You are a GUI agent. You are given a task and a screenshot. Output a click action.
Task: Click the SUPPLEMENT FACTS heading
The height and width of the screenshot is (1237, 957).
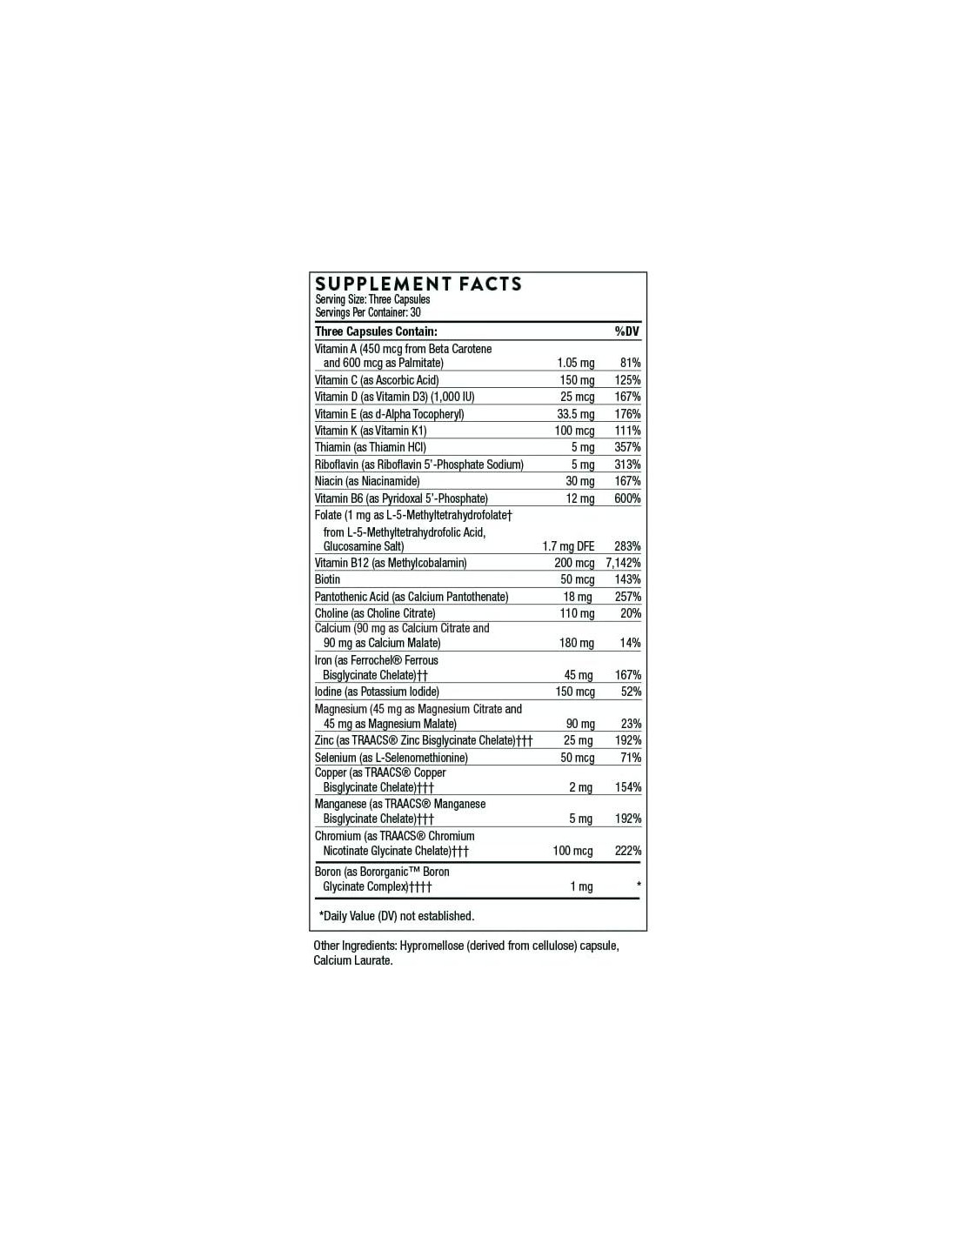click(x=418, y=284)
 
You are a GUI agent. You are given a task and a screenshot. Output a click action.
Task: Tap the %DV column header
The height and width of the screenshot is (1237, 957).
click(x=626, y=331)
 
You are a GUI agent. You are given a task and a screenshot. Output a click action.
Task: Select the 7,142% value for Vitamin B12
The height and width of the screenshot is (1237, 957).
click(x=623, y=563)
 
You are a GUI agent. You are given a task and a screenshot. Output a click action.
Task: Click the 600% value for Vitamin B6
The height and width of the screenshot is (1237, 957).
click(x=627, y=498)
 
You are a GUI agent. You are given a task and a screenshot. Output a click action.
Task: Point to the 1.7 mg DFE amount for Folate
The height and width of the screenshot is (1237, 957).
click(x=568, y=546)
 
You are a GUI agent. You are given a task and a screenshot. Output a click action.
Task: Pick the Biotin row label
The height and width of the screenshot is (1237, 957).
click(x=328, y=579)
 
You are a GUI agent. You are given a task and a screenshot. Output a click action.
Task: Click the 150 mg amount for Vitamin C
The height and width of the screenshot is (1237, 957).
click(x=577, y=380)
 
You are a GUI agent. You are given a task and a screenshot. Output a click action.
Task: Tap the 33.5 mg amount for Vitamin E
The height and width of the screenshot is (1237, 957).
click(x=576, y=414)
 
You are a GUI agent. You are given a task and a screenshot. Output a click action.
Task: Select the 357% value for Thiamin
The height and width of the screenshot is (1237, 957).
click(x=627, y=447)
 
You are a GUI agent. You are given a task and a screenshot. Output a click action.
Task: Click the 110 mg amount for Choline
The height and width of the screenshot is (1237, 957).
click(x=577, y=613)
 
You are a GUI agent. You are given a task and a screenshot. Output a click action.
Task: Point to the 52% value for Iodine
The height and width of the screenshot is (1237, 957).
click(x=631, y=692)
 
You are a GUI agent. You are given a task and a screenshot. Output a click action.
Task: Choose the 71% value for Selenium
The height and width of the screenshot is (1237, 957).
click(x=631, y=758)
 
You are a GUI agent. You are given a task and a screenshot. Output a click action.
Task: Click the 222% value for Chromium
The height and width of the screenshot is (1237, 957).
click(x=627, y=851)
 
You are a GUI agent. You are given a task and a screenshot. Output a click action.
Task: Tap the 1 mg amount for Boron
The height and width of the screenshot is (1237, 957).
click(x=581, y=886)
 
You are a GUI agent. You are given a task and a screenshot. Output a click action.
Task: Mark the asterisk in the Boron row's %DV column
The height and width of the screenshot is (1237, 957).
click(x=639, y=886)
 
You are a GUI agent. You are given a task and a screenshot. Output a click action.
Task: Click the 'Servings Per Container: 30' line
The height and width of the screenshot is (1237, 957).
click(x=368, y=312)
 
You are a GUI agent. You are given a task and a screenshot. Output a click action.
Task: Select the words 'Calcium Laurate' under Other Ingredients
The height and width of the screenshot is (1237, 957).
click(x=352, y=960)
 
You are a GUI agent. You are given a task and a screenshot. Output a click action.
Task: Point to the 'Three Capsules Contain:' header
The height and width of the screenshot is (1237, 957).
click(x=376, y=331)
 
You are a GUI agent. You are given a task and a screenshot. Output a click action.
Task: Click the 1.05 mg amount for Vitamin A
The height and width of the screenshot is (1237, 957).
click(x=575, y=363)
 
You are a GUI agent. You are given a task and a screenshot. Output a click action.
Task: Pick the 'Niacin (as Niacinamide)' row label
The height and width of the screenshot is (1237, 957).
click(x=367, y=481)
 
